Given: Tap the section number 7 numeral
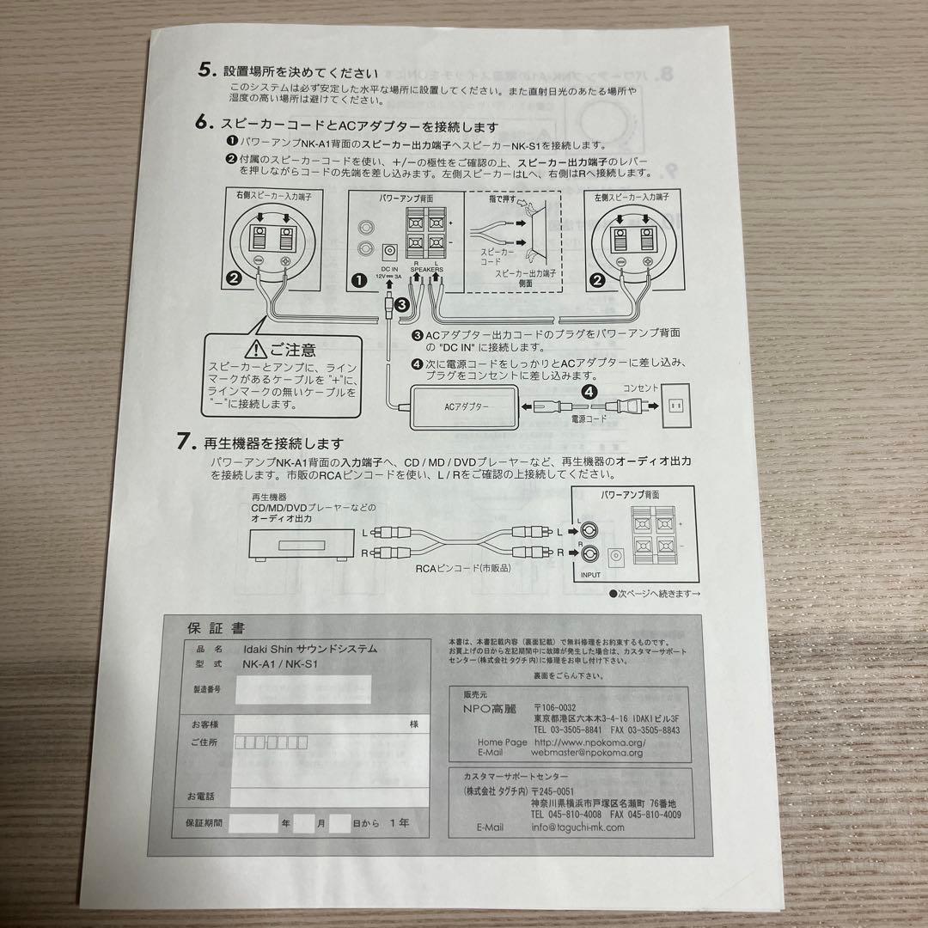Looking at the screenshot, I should tap(184, 442).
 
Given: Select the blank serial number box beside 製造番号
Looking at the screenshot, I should tap(302, 689).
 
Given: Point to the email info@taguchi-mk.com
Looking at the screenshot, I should tap(578, 827).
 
